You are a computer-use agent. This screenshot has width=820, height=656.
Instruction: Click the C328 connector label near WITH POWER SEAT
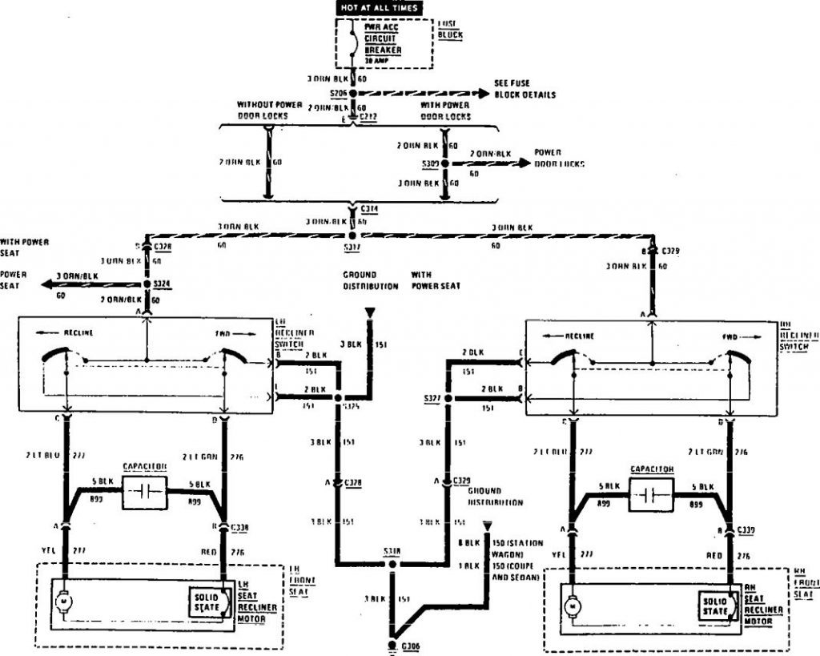(x=163, y=248)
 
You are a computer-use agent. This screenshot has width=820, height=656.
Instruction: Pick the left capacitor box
(x=144, y=492)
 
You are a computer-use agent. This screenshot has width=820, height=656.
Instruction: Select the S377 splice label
(x=432, y=398)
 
